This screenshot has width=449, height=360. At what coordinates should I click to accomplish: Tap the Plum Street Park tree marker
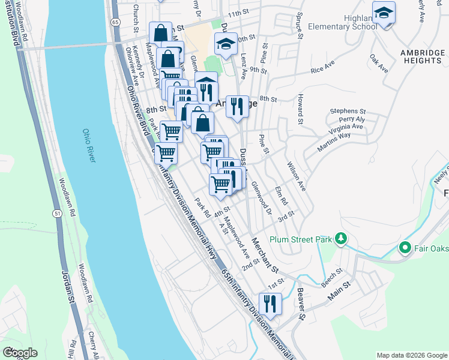point(341,239)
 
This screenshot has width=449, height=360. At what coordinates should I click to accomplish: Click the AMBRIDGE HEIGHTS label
point(421,56)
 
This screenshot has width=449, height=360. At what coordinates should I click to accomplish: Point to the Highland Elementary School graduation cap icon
point(383,13)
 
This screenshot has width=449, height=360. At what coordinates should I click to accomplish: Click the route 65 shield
point(115,22)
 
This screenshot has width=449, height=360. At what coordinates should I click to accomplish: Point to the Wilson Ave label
point(297,176)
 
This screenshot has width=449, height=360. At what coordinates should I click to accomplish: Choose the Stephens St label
point(348,111)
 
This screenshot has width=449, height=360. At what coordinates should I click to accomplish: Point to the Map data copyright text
point(412,355)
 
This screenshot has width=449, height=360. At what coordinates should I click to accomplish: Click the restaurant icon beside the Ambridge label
point(238,106)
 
